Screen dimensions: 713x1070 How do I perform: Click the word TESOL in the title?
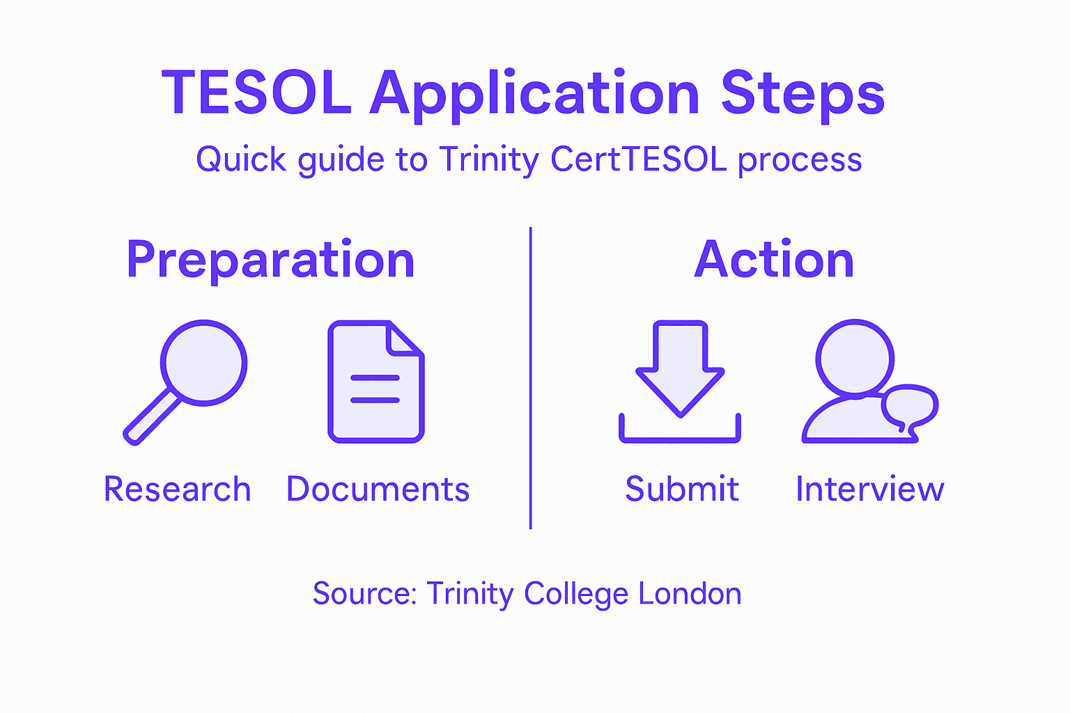(x=256, y=93)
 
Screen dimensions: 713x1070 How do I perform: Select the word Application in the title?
(x=534, y=95)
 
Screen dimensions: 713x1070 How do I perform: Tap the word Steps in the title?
(x=802, y=95)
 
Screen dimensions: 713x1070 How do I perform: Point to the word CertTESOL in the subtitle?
(x=639, y=159)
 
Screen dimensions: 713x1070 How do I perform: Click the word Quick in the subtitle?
(x=241, y=159)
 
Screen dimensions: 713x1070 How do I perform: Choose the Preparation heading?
(x=270, y=260)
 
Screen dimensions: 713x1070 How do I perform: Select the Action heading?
(x=774, y=260)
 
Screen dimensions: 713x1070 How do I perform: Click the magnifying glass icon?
(x=203, y=363)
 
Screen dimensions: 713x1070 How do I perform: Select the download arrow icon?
(x=680, y=369)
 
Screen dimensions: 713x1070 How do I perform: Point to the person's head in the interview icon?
(x=855, y=359)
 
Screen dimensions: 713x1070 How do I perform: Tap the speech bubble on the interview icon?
(x=909, y=407)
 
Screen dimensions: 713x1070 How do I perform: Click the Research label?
(x=177, y=489)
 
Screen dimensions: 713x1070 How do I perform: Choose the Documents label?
(x=378, y=489)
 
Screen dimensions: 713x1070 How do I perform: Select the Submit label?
(x=681, y=489)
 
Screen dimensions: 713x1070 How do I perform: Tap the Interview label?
(x=869, y=489)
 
